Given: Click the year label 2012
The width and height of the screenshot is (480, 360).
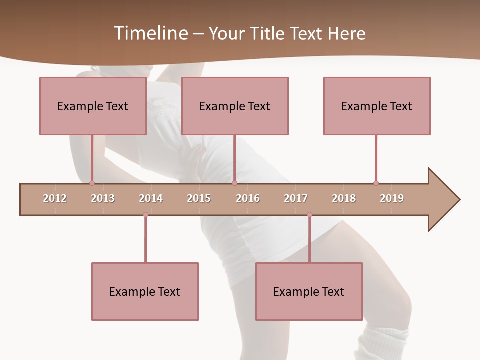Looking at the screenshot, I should pos(55,198).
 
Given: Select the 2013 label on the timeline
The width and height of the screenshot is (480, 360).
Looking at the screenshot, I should pos(103,198).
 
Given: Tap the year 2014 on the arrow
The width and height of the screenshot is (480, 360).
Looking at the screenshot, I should pos(151,198).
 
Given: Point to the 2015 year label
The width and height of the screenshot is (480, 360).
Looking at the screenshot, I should pos(199,198).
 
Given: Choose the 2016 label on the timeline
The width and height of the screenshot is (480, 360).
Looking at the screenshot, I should pos(248,198).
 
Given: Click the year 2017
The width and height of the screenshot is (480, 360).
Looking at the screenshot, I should pos(296,198).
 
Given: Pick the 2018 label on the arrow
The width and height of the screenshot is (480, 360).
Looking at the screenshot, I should pos(344,198).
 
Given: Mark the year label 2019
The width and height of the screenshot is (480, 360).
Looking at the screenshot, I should pos(392,198).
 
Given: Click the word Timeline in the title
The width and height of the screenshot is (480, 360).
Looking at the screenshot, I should pos(150,33).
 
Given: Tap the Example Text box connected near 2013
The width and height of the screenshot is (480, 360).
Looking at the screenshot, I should pos(93,106).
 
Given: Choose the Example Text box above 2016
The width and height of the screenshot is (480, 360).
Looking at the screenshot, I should pos(235,106).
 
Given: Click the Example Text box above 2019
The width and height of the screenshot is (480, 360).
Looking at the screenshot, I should pos(377,106).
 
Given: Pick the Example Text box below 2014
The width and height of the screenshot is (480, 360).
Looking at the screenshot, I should pos(145,291).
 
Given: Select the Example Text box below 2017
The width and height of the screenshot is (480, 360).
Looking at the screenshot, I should pos(309,291).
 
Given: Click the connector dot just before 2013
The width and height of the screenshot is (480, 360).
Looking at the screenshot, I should pos(92,183).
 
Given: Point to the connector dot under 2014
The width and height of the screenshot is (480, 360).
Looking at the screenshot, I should pos(145,214).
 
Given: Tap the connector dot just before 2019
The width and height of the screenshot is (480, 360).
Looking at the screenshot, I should pos(376,183).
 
